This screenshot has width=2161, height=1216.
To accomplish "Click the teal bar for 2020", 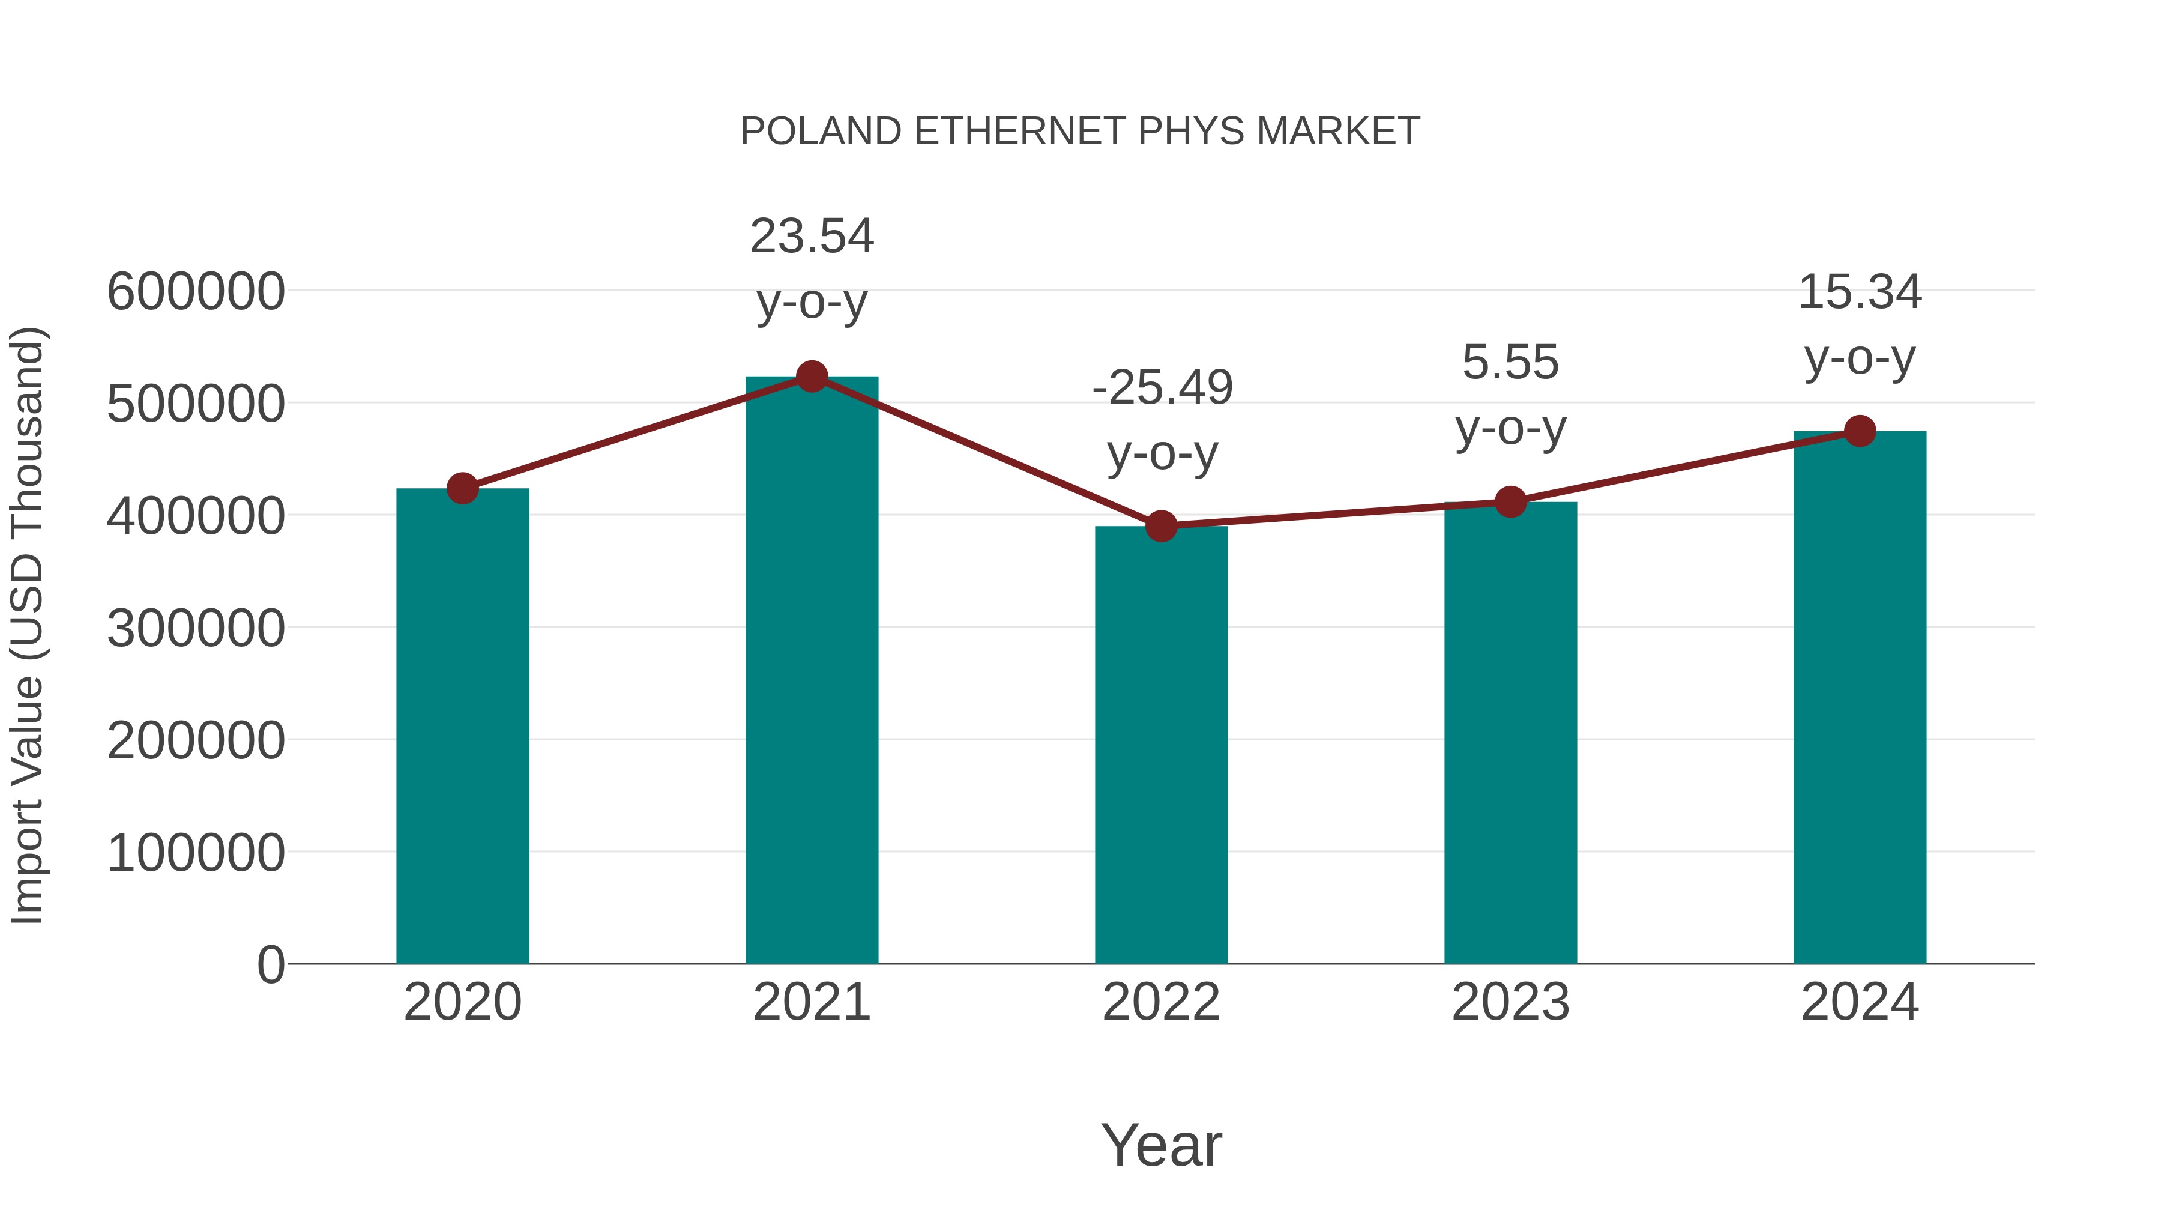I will click(x=462, y=726).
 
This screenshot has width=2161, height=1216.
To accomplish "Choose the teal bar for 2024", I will click(x=1860, y=697).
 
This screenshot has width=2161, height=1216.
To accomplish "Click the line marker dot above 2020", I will click(x=462, y=488).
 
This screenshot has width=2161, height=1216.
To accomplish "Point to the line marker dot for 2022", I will click(x=1161, y=526).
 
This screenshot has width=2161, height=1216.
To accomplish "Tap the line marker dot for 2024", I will click(x=1860, y=431).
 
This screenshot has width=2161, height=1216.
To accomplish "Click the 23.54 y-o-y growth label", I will click(x=811, y=268).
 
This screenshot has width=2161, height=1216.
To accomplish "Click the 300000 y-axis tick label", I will click(x=196, y=629).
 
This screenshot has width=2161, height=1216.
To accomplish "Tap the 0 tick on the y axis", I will click(x=271, y=964).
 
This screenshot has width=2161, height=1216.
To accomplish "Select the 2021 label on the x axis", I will click(x=811, y=1002).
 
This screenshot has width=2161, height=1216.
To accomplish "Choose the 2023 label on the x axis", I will click(x=1510, y=1002).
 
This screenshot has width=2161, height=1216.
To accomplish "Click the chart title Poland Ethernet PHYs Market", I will click(x=1080, y=132).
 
